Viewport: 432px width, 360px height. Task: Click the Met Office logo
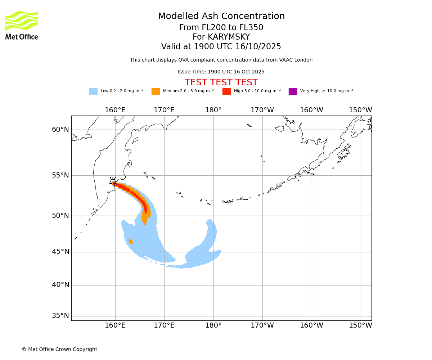(22, 25)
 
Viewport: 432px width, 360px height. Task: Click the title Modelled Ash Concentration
(221, 17)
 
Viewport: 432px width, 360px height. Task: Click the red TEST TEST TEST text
(221, 82)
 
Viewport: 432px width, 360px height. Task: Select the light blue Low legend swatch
(93, 91)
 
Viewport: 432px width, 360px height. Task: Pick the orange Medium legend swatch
(156, 91)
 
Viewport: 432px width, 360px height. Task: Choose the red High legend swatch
(226, 91)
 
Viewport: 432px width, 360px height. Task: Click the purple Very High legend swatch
(293, 91)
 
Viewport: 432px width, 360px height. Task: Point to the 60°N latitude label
(60, 130)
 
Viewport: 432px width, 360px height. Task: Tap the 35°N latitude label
(60, 316)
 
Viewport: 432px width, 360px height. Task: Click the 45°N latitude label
(60, 252)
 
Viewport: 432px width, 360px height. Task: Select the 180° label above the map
(213, 110)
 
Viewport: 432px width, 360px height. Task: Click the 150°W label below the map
(361, 325)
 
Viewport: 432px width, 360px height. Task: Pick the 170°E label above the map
(164, 110)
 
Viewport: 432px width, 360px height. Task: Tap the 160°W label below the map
(312, 325)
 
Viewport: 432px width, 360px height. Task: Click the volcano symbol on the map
(113, 181)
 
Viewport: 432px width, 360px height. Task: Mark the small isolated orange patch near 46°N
(131, 242)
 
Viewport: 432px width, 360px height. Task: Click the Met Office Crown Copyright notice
(59, 349)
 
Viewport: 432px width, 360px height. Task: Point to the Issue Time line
(221, 72)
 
